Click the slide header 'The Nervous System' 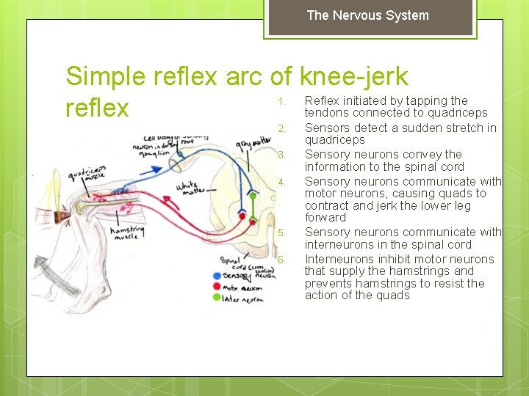[367, 15]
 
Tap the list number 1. [280, 101]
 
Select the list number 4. [280, 182]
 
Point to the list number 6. [280, 260]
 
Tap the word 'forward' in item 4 [325, 217]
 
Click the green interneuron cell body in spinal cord [253, 196]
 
